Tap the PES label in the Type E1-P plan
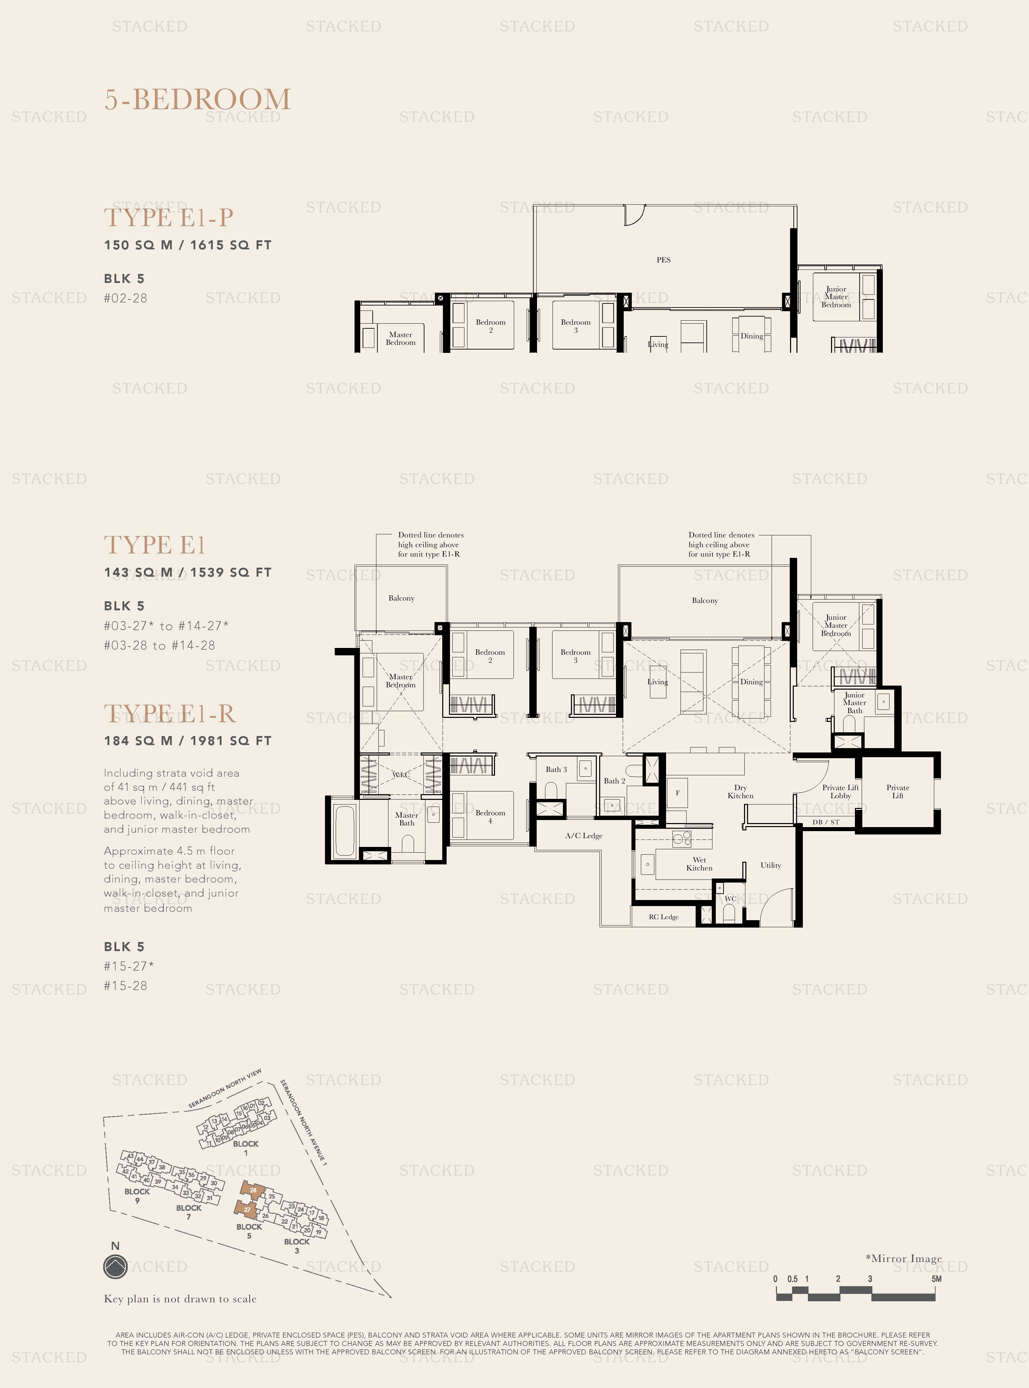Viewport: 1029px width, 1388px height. pyautogui.click(x=663, y=260)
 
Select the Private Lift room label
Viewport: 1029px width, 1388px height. pyautogui.click(x=898, y=791)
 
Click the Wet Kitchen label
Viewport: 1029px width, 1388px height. pyautogui.click(x=699, y=863)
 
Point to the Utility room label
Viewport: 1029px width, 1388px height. pyautogui.click(x=771, y=865)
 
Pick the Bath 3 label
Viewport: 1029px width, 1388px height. pyautogui.click(x=556, y=769)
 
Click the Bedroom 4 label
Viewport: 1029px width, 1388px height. pyautogui.click(x=490, y=816)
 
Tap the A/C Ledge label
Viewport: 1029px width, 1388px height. pyautogui.click(x=584, y=835)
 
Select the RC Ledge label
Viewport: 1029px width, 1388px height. pyautogui.click(x=663, y=916)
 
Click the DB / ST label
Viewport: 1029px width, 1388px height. pyautogui.click(x=826, y=822)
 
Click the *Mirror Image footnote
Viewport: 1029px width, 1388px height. pyautogui.click(x=903, y=1258)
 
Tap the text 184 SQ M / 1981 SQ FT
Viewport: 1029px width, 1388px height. pyautogui.click(x=188, y=741)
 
